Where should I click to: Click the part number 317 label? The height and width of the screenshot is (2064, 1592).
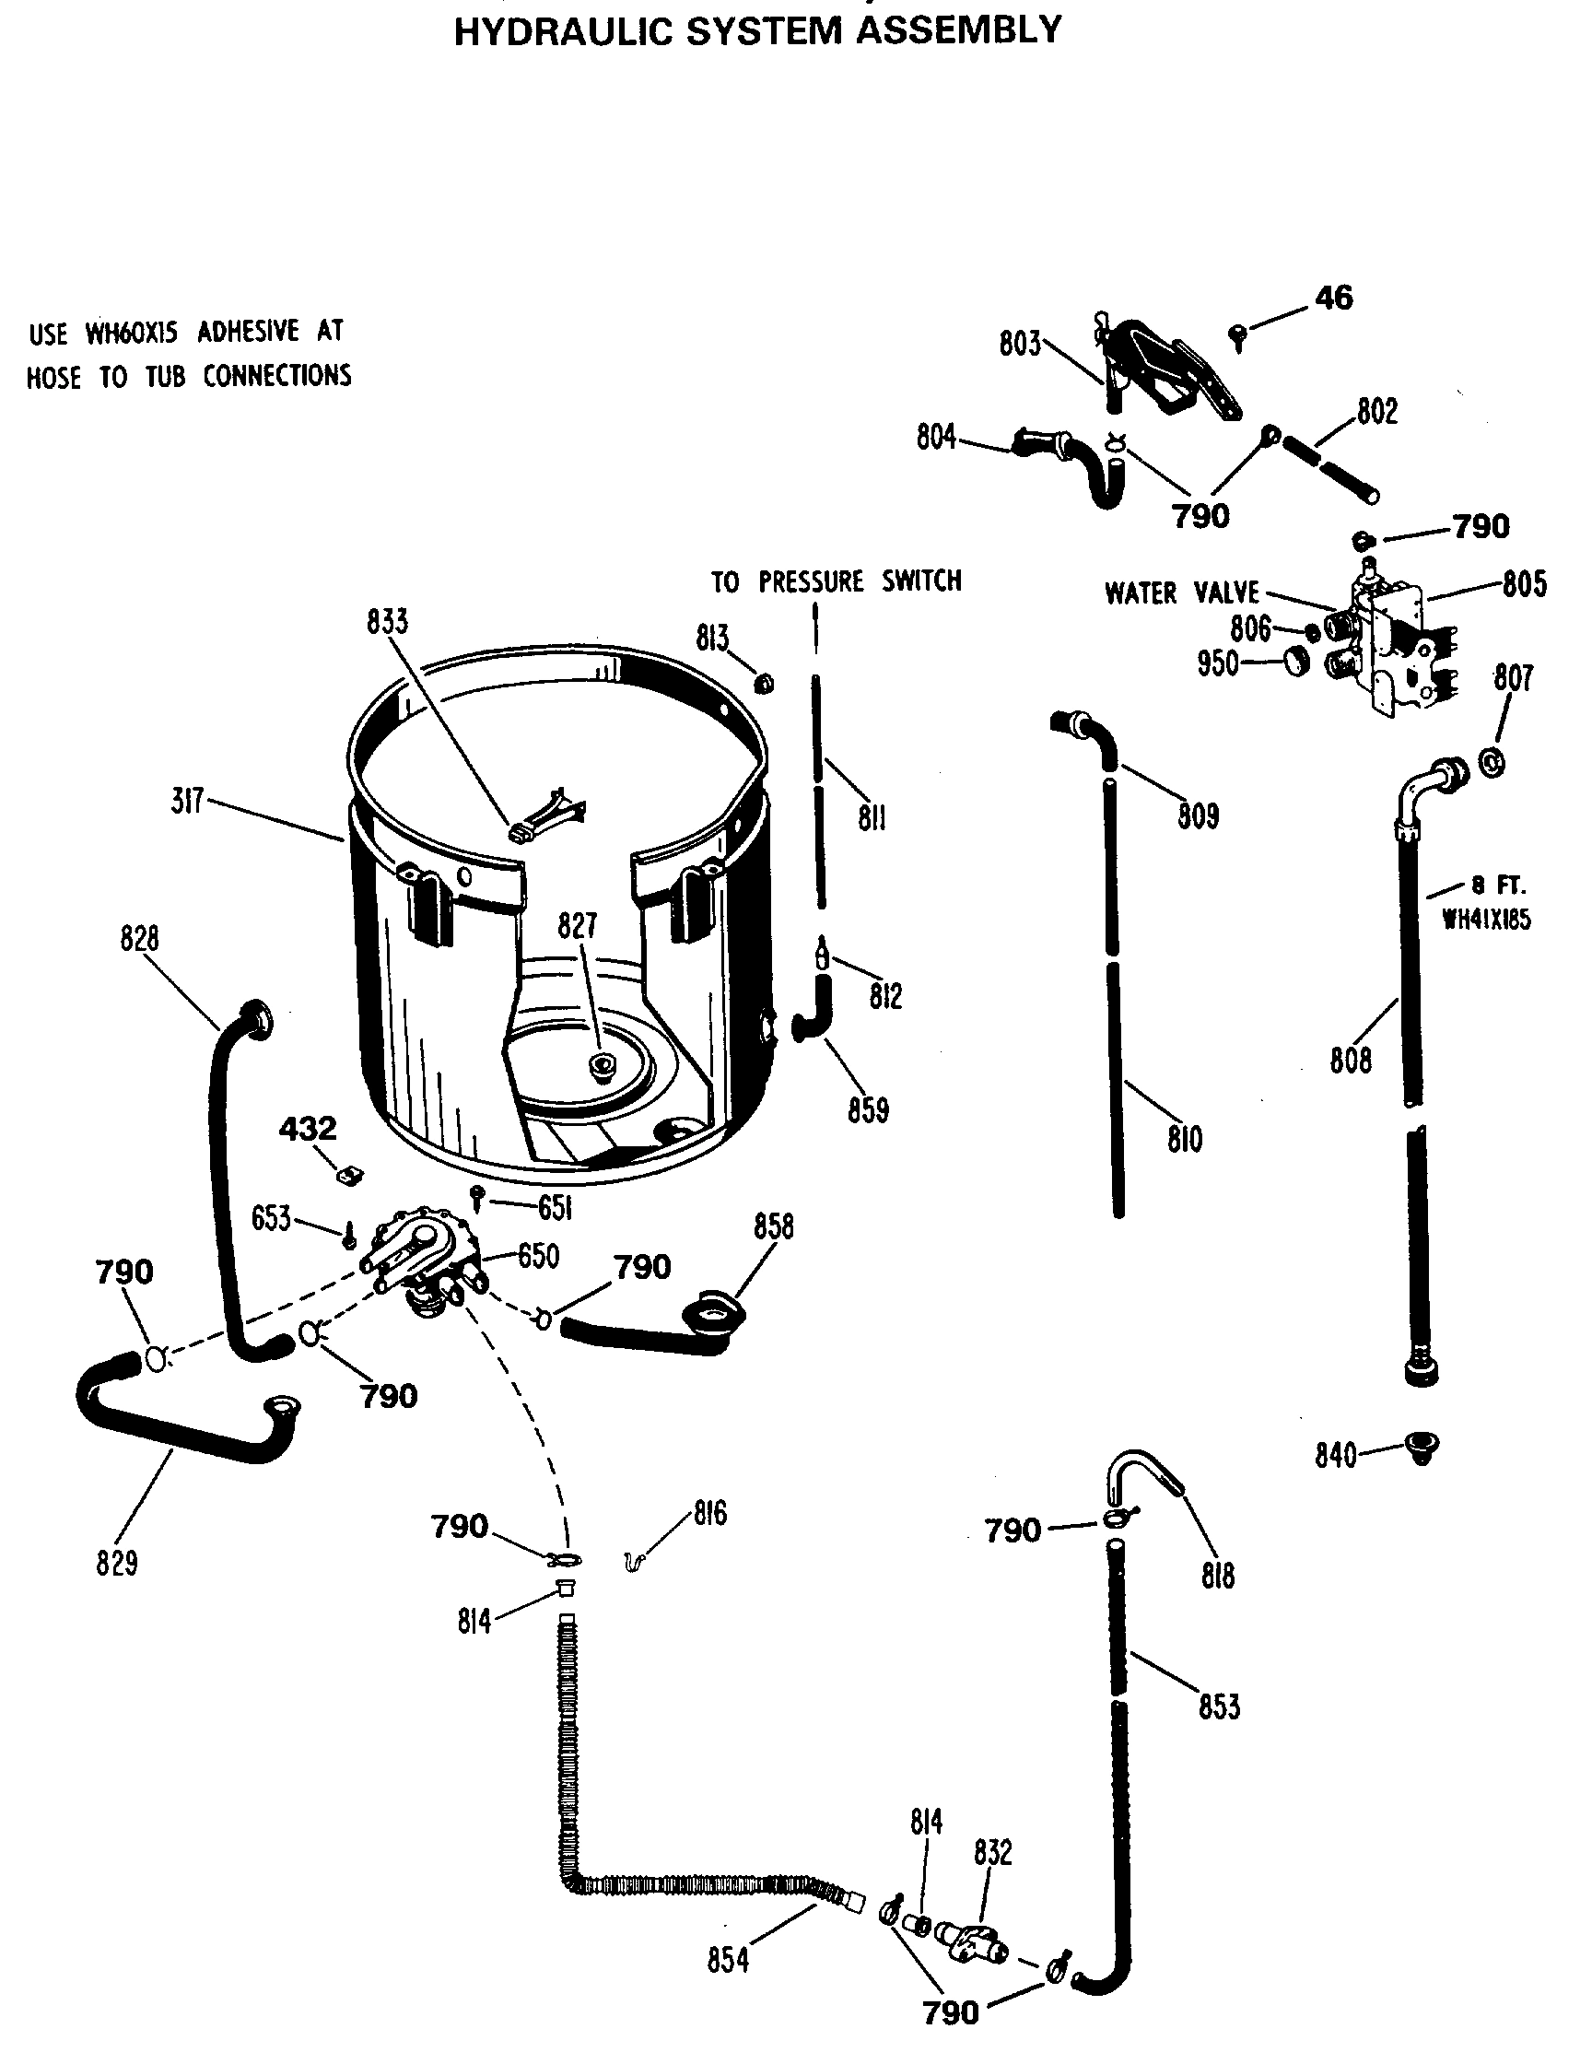[186, 803]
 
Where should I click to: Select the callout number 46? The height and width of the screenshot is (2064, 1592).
[1333, 298]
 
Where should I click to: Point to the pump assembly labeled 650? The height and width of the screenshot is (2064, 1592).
[423, 1256]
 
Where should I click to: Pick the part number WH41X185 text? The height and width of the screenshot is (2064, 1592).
[1486, 919]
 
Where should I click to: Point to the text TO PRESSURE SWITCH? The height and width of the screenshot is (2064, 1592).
[837, 580]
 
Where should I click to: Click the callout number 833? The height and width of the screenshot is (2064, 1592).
[387, 622]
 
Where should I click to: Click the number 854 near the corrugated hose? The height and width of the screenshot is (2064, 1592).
[728, 1961]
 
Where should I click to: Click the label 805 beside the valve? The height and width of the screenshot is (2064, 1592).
[1524, 584]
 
